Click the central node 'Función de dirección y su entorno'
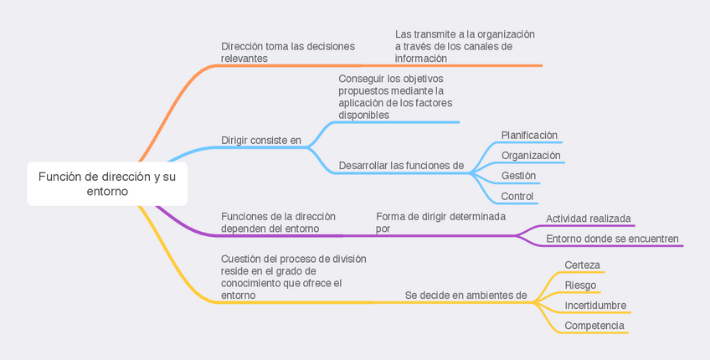107,184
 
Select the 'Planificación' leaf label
529,135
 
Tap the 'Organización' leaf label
531,155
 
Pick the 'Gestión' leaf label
518,176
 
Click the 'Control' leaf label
517,197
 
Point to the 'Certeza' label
582,265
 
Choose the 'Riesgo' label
580,285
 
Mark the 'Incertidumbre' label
595,305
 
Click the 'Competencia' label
594,326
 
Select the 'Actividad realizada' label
589,219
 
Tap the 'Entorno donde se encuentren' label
612,239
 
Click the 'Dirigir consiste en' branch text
261,140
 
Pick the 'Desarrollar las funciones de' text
401,166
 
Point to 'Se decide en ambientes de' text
466,295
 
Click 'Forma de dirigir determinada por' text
440,222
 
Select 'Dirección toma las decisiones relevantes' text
288,53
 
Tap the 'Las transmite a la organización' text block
465,46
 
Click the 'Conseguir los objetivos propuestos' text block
395,96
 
